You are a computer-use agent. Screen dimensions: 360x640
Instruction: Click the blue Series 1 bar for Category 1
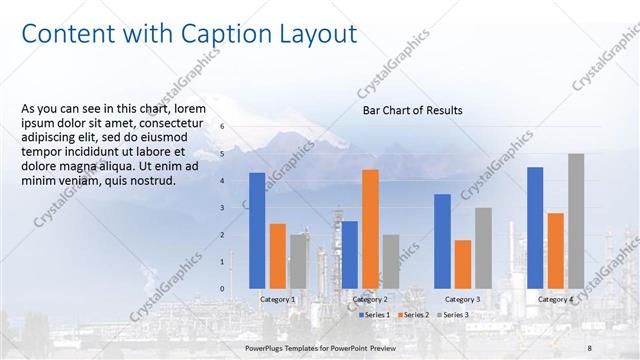pos(257,230)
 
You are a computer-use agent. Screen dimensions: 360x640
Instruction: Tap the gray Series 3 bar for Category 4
pos(576,221)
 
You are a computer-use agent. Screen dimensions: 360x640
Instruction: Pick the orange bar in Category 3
pos(462,264)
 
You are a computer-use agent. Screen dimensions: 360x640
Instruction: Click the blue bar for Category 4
pos(535,227)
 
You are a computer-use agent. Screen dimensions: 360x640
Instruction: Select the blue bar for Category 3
pos(442,241)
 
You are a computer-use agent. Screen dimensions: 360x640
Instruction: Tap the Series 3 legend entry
pos(451,315)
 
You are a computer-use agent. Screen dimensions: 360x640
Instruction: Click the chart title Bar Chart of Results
pos(412,110)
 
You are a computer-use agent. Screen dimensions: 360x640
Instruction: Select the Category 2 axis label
pos(370,299)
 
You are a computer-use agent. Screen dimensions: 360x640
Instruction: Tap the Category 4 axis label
pos(555,299)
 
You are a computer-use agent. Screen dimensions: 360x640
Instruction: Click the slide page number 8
pos(590,347)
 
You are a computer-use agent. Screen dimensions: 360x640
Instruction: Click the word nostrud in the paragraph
pos(150,180)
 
